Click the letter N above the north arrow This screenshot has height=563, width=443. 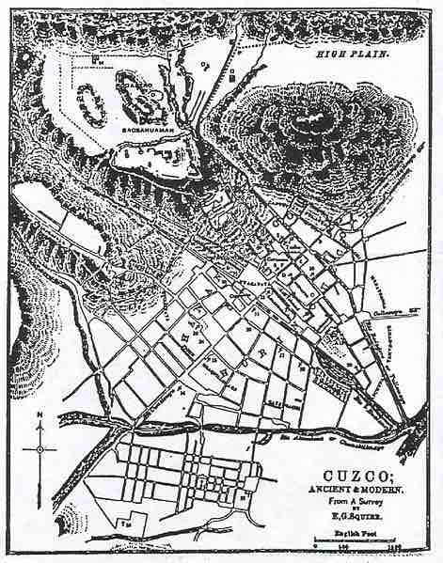click(37, 414)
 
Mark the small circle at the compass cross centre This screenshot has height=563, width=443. click(40, 449)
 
